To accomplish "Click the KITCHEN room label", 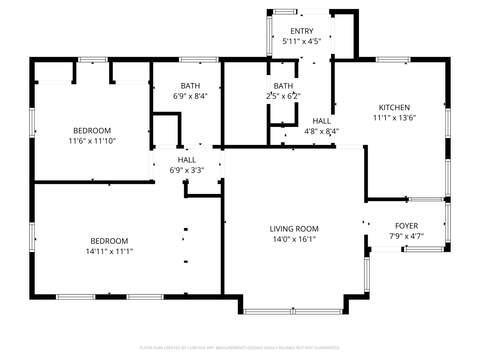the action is tap(394, 108).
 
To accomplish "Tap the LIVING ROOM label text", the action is tap(294, 229).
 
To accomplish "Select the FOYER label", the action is tap(407, 226).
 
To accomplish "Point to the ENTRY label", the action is tap(302, 31).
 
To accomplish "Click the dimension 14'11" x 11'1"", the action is tap(109, 251).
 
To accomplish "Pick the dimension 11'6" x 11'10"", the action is tap(92, 141).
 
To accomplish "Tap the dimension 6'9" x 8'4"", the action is tap(190, 96).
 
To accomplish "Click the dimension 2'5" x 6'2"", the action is tap(283, 96).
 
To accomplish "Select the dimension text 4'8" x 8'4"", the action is tap(321, 131).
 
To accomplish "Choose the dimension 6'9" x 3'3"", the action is tap(187, 170).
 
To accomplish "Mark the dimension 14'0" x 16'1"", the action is tap(294, 239).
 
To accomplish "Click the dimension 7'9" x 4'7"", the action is tap(407, 236).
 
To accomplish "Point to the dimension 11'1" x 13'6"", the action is tap(394, 118).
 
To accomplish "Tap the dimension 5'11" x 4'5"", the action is tap(302, 41).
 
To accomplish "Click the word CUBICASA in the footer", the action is tap(196, 348).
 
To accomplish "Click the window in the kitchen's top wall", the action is tap(393, 59).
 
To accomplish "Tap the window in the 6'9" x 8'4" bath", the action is tap(199, 59).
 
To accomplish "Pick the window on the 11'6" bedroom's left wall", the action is tap(32, 123).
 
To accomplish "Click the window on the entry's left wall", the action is tap(269, 36).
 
